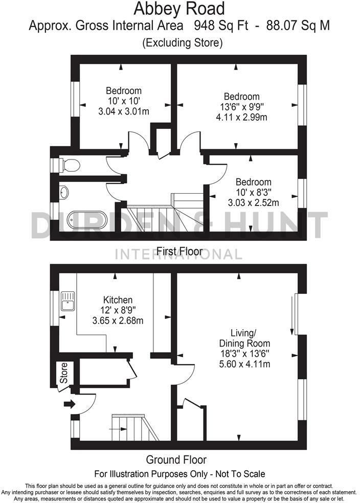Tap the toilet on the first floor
69,165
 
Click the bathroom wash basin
64,193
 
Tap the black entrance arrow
68,404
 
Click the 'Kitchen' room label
118,300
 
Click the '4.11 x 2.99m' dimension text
242,117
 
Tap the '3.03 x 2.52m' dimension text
253,203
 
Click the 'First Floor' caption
179,251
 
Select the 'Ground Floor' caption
176,460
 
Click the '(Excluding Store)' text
182,43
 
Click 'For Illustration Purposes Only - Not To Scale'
180,474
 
